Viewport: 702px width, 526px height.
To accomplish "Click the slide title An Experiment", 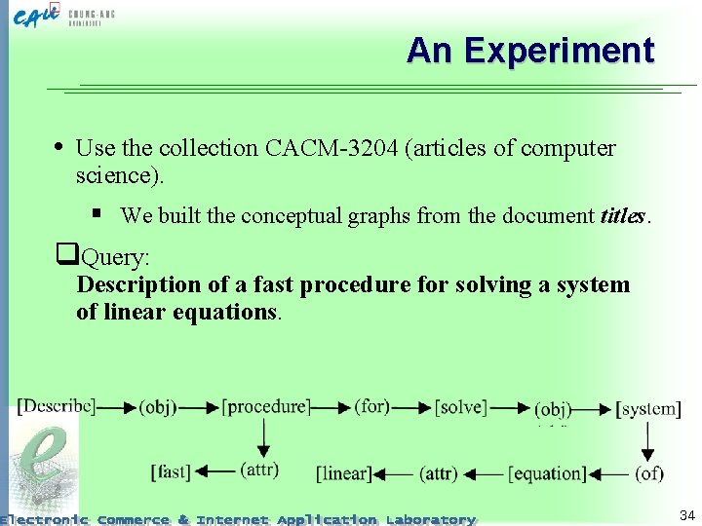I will click(530, 50).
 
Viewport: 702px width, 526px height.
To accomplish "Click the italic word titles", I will click(624, 216).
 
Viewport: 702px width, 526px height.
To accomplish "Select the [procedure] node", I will click(265, 406).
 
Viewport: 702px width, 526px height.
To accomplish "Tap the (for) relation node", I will click(372, 406).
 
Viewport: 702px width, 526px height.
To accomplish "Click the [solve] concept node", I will click(461, 407).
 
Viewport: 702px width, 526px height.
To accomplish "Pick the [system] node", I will click(649, 409).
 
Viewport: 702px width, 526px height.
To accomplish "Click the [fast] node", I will click(172, 472).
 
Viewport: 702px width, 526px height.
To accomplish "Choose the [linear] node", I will click(343, 474).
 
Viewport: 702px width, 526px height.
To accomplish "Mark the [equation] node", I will click(547, 474).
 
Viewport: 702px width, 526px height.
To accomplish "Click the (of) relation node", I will click(648, 474).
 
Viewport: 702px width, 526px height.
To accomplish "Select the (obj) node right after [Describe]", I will click(158, 407).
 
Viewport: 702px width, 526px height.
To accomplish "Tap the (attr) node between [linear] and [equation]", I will click(439, 474).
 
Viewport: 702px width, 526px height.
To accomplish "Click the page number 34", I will click(686, 514).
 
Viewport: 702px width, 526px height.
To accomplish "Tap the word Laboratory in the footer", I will click(430, 519).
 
